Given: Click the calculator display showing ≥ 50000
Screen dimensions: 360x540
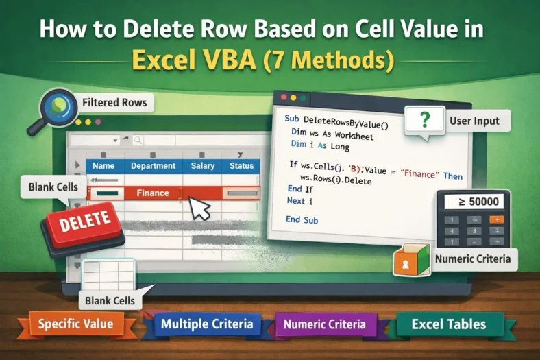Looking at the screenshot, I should click(474, 202).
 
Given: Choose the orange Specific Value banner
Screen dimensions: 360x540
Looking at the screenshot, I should click(76, 324).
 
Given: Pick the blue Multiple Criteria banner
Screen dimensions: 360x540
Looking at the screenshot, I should click(207, 324).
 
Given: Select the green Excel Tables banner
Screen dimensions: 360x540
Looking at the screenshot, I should click(450, 324).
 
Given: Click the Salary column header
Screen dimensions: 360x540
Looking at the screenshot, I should click(203, 166).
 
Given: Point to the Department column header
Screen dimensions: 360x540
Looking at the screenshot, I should click(153, 166).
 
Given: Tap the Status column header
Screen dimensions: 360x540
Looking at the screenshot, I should click(242, 166).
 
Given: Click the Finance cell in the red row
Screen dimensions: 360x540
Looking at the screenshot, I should click(153, 193).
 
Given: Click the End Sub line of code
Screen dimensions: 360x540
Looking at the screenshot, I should click(302, 219).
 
